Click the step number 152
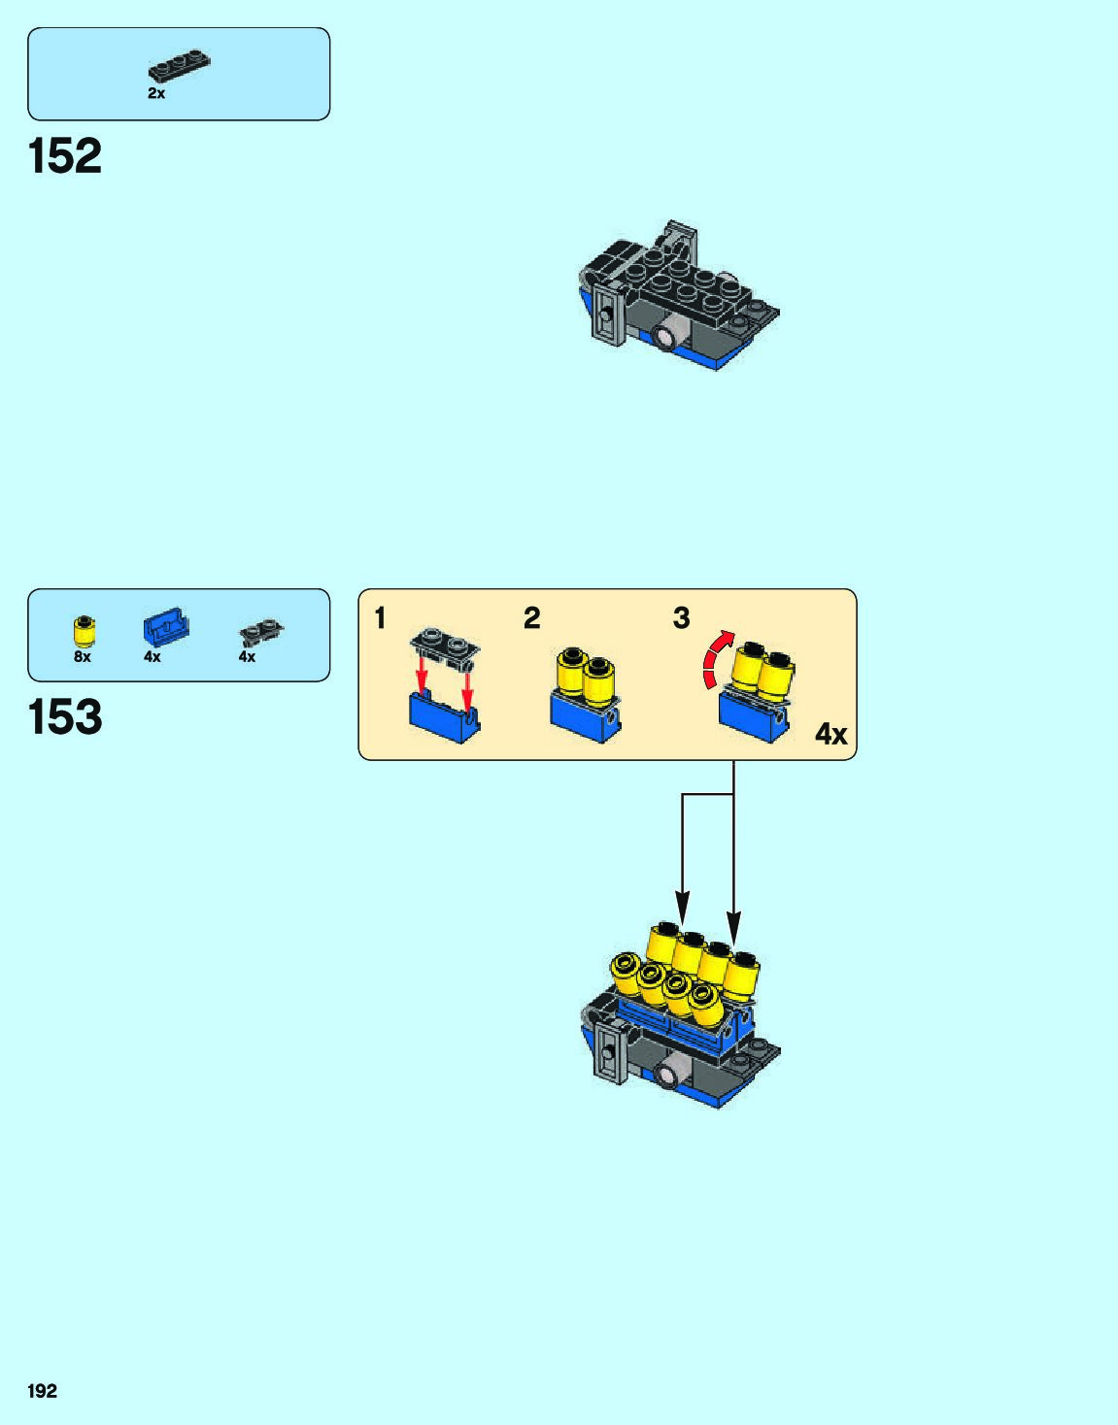(x=65, y=156)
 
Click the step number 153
(x=65, y=717)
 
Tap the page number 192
(x=43, y=1391)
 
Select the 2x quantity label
(x=156, y=94)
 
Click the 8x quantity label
(x=83, y=657)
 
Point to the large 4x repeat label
(x=830, y=735)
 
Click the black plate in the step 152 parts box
(x=179, y=66)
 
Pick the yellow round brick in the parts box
(x=85, y=632)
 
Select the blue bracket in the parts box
(x=165, y=627)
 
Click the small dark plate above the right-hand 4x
(x=260, y=632)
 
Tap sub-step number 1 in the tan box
(x=381, y=618)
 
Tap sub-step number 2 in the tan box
(x=531, y=618)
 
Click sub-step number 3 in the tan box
(x=681, y=618)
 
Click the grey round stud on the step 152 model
(x=666, y=336)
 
